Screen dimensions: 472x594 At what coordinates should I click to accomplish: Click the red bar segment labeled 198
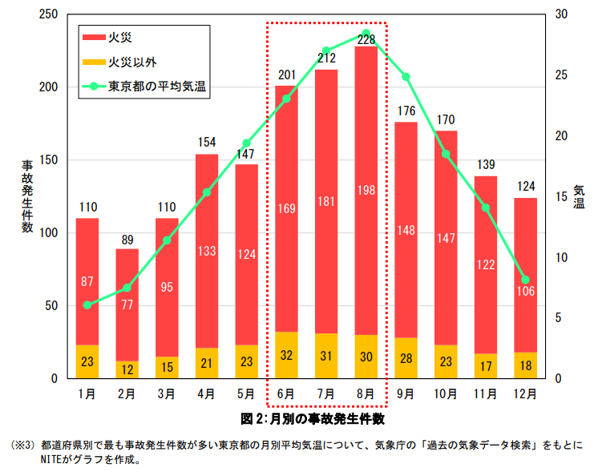coord(366,190)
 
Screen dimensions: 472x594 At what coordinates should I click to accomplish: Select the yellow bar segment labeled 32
coord(287,355)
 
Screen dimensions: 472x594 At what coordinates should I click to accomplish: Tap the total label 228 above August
coord(366,39)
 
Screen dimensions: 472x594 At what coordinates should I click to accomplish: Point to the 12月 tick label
coord(525,393)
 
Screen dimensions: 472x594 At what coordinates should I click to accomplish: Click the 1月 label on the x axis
coord(87,393)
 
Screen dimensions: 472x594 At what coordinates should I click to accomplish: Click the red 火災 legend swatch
coord(93,37)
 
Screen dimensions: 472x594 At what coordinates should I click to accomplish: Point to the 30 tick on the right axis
coord(561,14)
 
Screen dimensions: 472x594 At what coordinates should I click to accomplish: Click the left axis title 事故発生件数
coord(27,196)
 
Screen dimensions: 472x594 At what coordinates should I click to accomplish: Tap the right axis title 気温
coord(579,196)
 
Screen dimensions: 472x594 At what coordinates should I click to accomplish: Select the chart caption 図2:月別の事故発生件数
coord(313,418)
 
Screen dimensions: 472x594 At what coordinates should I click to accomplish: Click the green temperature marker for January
coord(87,305)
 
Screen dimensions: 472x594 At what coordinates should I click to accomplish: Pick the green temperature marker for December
coord(525,280)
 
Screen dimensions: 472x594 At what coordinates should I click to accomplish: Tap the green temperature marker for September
coord(406,77)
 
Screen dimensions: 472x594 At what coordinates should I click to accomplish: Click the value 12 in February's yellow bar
coord(127,369)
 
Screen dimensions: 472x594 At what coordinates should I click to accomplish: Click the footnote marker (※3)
coord(22,444)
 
